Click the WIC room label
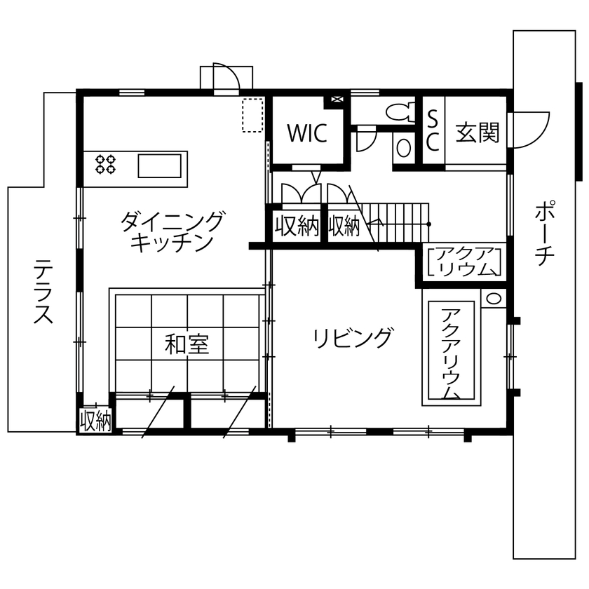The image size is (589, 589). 306,133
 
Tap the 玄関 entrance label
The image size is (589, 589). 478,133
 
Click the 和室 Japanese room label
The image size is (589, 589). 187,344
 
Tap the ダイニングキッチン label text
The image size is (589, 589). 172,231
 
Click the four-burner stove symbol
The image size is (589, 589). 106,164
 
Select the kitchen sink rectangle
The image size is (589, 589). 161,167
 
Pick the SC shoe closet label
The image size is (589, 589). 433,131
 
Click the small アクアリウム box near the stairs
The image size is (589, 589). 465,262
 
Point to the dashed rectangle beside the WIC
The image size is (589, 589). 252,115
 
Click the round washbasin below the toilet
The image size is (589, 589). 404,147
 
